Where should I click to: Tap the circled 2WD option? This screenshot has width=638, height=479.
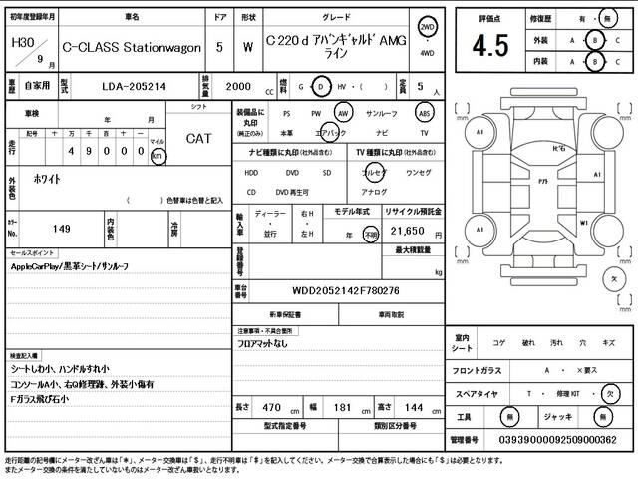pos(427,29)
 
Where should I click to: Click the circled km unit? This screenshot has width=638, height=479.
pos(158,157)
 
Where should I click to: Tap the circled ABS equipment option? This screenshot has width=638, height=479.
pos(424,114)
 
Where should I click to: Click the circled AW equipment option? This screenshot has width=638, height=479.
pos(344,114)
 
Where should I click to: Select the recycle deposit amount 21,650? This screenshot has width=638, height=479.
pos(402,230)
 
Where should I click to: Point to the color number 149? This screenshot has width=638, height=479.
pos(61,229)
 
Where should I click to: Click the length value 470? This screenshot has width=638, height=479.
pos(271,408)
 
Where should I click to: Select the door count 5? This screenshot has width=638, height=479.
pos(219,47)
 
